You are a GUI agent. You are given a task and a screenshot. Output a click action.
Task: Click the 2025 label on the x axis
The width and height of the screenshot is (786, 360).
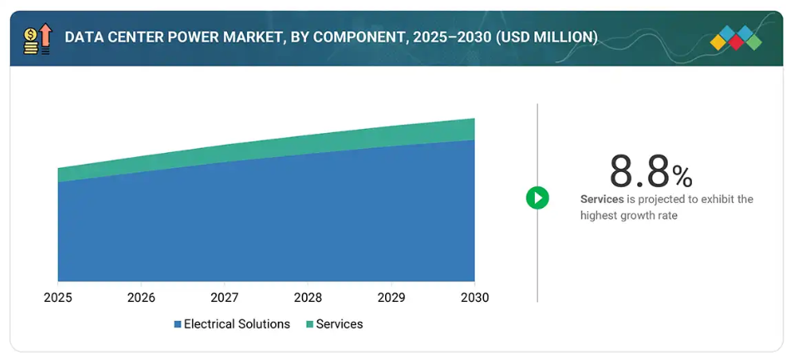pos(58,297)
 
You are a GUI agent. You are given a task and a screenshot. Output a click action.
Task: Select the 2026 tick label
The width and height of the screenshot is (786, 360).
pos(141,297)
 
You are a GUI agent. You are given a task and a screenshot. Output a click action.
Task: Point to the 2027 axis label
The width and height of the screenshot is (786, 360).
pos(225,297)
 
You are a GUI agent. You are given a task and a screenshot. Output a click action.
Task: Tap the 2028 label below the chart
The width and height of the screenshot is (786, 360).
pos(308,297)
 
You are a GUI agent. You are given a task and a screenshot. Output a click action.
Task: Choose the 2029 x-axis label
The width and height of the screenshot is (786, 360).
pos(391,297)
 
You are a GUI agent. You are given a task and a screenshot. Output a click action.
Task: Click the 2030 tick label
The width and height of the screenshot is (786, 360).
pos(474,297)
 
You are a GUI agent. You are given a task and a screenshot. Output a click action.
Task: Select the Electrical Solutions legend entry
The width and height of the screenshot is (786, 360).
pos(236,323)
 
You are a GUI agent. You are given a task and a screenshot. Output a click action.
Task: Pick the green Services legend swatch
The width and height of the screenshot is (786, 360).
pos(309,324)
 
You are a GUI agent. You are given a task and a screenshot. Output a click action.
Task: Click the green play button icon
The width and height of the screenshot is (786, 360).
pos(537,198)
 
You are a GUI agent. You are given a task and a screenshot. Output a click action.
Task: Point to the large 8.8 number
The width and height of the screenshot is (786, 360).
pos(639,172)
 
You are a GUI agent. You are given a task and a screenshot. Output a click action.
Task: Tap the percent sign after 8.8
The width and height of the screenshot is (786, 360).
pos(682,176)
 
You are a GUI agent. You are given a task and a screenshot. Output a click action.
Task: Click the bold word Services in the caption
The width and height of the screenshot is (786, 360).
pos(602,200)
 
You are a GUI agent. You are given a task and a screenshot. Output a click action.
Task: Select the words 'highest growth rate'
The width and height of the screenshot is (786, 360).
pos(629,215)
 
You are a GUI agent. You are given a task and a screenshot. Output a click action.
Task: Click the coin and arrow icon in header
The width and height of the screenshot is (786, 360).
pos(37,39)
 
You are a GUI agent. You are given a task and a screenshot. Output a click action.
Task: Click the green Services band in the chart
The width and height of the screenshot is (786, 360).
pos(333,142)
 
